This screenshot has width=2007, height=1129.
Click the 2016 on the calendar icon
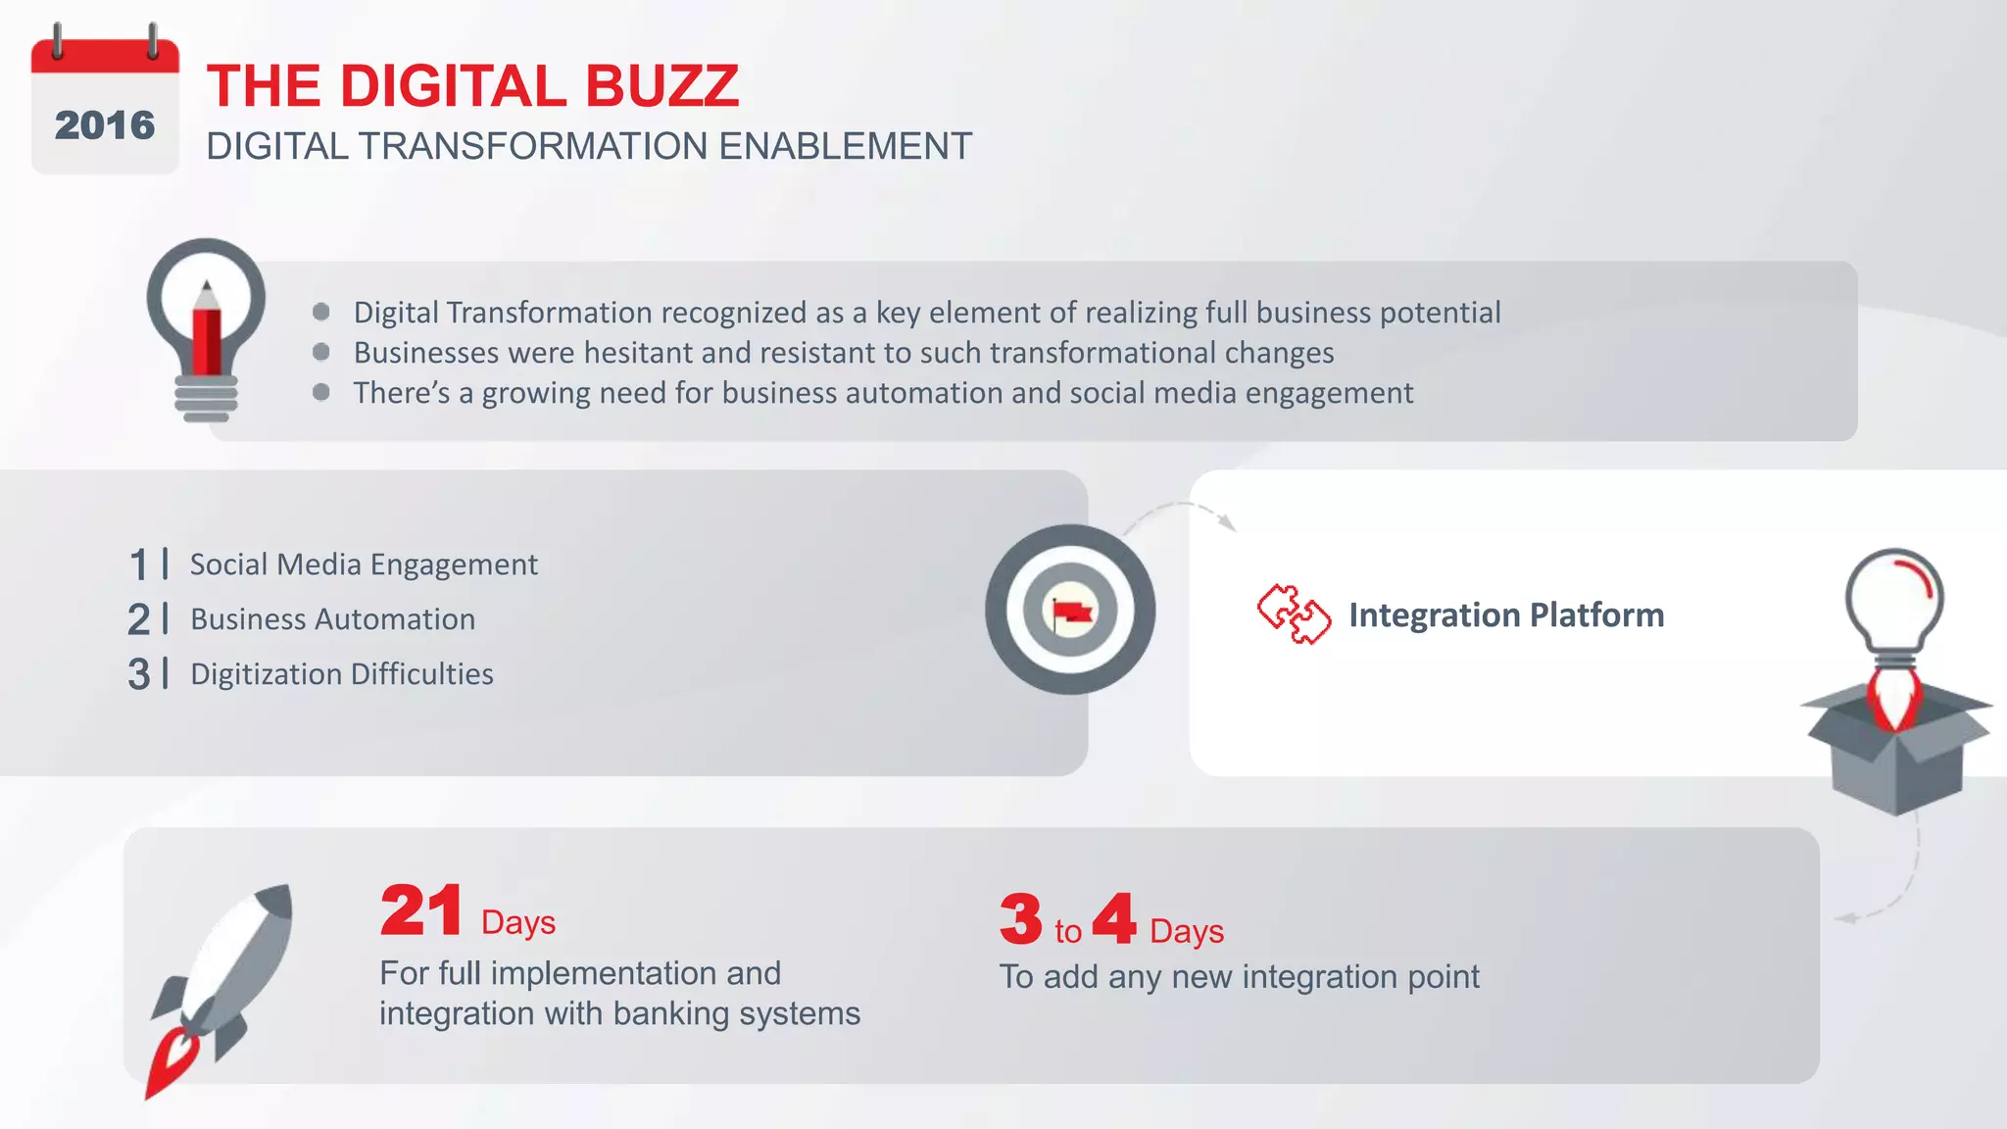(105, 125)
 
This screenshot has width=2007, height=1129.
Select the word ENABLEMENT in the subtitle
(845, 147)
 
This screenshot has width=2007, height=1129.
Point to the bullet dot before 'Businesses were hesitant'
(320, 352)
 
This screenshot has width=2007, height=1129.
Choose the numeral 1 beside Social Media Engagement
(138, 565)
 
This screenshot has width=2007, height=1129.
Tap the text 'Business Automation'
(332, 619)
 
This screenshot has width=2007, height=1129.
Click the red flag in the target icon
(1072, 613)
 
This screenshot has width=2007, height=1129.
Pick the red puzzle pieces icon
(1294, 614)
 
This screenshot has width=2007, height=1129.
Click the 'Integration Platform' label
(1506, 615)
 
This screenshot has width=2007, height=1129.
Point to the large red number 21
(421, 910)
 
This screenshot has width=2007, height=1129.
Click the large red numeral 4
(1114, 918)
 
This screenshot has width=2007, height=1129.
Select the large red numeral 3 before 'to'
(1021, 919)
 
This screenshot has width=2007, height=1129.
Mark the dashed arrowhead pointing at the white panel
(1227, 522)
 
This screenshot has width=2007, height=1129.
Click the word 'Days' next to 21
(518, 923)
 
